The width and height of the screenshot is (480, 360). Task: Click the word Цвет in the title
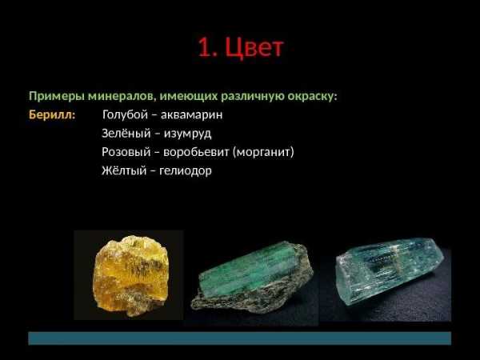coord(254,47)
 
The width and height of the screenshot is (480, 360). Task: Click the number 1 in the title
coord(205,48)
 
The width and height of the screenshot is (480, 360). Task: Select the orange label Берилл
coord(52,114)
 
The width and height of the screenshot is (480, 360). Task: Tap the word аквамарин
coord(192,115)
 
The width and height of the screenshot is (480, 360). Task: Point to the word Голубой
coord(125,114)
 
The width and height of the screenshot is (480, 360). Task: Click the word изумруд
coord(187,134)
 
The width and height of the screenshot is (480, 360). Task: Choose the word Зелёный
coord(126,133)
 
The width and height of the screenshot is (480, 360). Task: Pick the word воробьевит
coord(196,152)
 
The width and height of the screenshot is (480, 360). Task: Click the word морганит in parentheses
coord(263,152)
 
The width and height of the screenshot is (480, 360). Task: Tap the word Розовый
coord(126,152)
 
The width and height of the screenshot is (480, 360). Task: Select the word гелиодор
coord(186,171)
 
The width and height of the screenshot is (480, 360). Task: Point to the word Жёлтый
coord(124,170)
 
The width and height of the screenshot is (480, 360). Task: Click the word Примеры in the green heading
coord(57,97)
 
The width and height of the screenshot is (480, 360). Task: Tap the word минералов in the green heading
coord(122,97)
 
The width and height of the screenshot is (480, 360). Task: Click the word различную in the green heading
coord(253,97)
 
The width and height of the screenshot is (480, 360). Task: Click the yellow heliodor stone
coord(130,275)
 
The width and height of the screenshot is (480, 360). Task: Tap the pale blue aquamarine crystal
coord(390,272)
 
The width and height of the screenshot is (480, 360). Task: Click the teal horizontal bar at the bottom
coord(240,338)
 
